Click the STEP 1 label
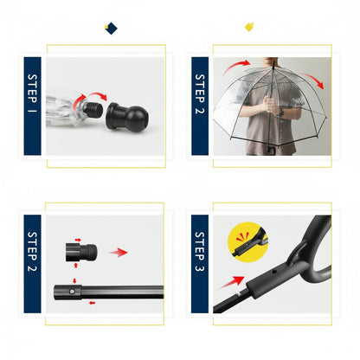[33, 106]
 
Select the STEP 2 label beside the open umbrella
[200, 106]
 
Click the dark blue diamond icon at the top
[110, 29]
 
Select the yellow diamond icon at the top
[249, 27]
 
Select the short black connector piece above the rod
[79, 253]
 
